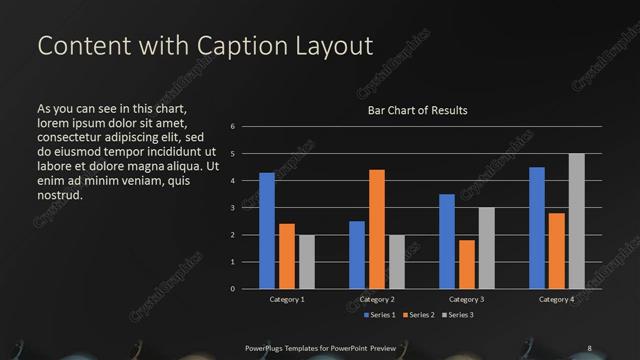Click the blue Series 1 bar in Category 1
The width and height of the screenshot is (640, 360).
click(x=267, y=231)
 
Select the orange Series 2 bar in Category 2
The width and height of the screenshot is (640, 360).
click(x=377, y=229)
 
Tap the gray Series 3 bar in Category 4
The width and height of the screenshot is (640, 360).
click(x=576, y=221)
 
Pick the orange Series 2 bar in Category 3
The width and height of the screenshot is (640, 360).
click(x=467, y=264)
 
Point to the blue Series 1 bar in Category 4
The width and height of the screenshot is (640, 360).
click(x=537, y=228)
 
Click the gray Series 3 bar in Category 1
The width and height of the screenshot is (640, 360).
click(x=307, y=262)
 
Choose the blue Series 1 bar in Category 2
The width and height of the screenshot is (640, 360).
click(x=357, y=255)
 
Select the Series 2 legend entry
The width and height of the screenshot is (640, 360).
click(x=418, y=315)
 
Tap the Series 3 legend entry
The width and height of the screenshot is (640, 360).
click(x=458, y=315)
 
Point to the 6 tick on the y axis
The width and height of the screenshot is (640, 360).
click(x=232, y=127)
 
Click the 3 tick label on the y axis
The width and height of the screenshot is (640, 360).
click(x=232, y=208)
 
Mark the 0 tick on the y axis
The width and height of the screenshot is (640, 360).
click(x=232, y=289)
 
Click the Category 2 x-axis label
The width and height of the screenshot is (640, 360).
click(x=377, y=299)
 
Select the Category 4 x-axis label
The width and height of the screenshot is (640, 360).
click(x=556, y=299)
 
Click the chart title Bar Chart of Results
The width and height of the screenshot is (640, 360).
click(x=417, y=110)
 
